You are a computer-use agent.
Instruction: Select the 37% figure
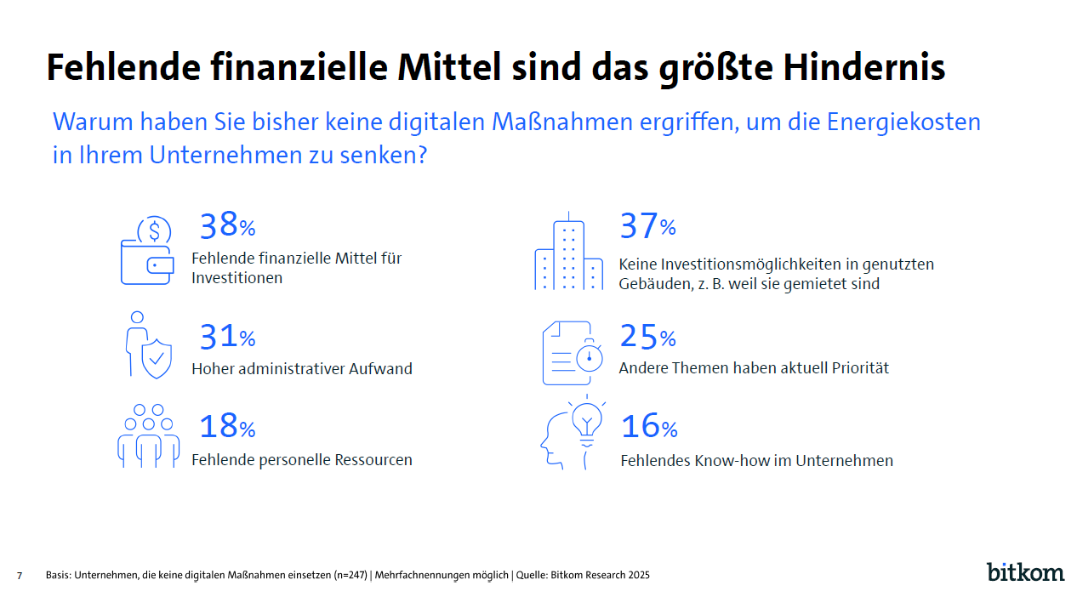[x=647, y=226]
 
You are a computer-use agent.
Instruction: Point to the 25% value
[x=647, y=338]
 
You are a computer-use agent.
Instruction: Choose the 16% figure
[x=649, y=427]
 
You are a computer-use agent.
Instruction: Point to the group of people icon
[x=148, y=436]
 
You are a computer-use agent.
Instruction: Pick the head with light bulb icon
[x=572, y=435]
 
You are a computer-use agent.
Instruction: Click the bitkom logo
[x=1025, y=571]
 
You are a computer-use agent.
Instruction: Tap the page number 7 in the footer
[x=19, y=576]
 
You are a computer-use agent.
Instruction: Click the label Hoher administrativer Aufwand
[x=302, y=369]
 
